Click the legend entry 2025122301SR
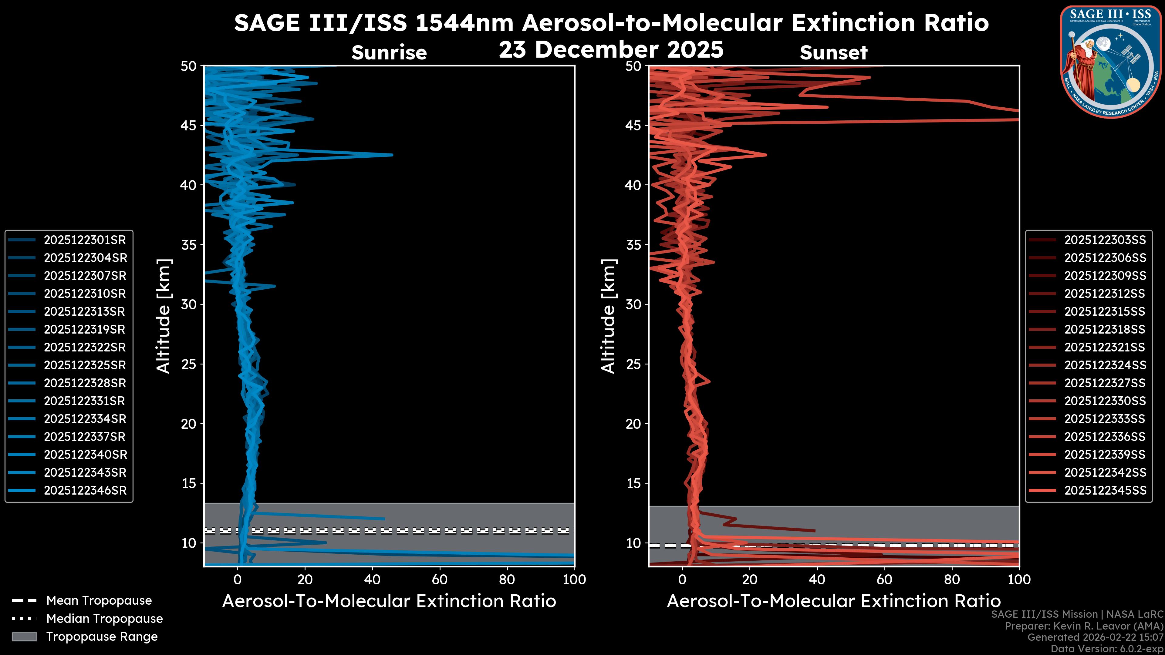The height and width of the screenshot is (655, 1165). pyautogui.click(x=85, y=240)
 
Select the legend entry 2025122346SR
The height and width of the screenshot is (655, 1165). pyautogui.click(x=85, y=490)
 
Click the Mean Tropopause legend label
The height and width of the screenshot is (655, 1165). pyautogui.click(x=99, y=600)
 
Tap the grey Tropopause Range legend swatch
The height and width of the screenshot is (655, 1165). pyautogui.click(x=24, y=637)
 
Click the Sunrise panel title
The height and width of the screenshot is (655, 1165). pyautogui.click(x=389, y=53)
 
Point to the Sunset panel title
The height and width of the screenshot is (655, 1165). pyautogui.click(x=833, y=53)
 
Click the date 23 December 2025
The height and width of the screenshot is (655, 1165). pyautogui.click(x=611, y=49)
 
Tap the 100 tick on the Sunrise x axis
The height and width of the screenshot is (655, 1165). pyautogui.click(x=574, y=579)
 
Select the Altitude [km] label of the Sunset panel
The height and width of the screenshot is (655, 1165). pyautogui.click(x=608, y=316)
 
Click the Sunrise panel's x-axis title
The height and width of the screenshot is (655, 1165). pyautogui.click(x=389, y=601)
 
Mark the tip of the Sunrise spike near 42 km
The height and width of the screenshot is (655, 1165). pyautogui.click(x=392, y=155)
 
